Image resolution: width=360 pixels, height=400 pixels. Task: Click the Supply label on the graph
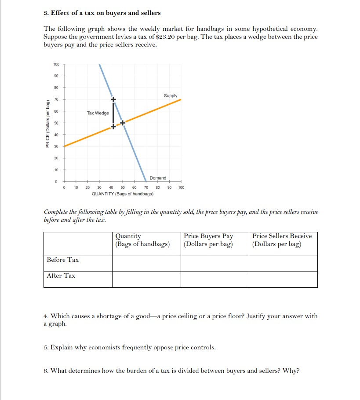pyautogui.click(x=171, y=95)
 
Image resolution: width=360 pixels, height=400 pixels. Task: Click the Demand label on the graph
pyautogui.click(x=158, y=178)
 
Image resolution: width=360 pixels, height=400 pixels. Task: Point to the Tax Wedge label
pyautogui.click(x=98, y=113)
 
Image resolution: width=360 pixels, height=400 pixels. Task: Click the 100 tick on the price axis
pyautogui.click(x=56, y=65)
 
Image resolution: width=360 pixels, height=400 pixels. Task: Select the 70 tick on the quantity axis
pyautogui.click(x=146, y=187)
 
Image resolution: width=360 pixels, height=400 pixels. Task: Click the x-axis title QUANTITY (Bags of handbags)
pyautogui.click(x=122, y=194)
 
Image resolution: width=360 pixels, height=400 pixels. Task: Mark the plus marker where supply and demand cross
pyautogui.click(x=123, y=123)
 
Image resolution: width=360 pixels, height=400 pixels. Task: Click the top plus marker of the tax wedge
pyautogui.click(x=113, y=99)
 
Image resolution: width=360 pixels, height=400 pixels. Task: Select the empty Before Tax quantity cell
pyautogui.click(x=146, y=264)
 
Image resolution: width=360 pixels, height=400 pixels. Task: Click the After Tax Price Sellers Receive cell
pyautogui.click(x=283, y=279)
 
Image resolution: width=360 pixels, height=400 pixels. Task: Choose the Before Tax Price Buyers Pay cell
pyautogui.click(x=215, y=264)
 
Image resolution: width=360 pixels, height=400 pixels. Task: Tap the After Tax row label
pyautogui.click(x=61, y=275)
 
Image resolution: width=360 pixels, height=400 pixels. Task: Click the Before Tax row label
pyautogui.click(x=63, y=260)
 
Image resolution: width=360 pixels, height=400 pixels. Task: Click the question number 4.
pyautogui.click(x=46, y=316)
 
